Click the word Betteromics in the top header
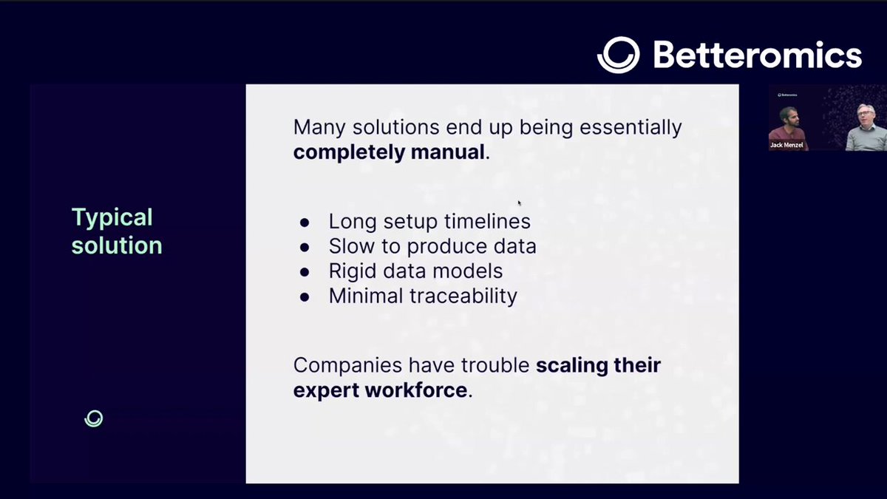[758, 55]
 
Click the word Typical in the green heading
[112, 218]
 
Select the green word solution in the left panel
[117, 245]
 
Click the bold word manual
[448, 152]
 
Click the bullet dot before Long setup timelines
[305, 223]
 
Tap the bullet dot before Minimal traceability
[305, 297]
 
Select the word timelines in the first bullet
[487, 221]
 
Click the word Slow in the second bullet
[352, 246]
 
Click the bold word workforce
[416, 390]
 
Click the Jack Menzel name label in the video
[786, 145]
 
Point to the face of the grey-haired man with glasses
[866, 115]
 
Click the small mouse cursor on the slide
[519, 203]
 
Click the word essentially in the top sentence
[631, 128]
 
